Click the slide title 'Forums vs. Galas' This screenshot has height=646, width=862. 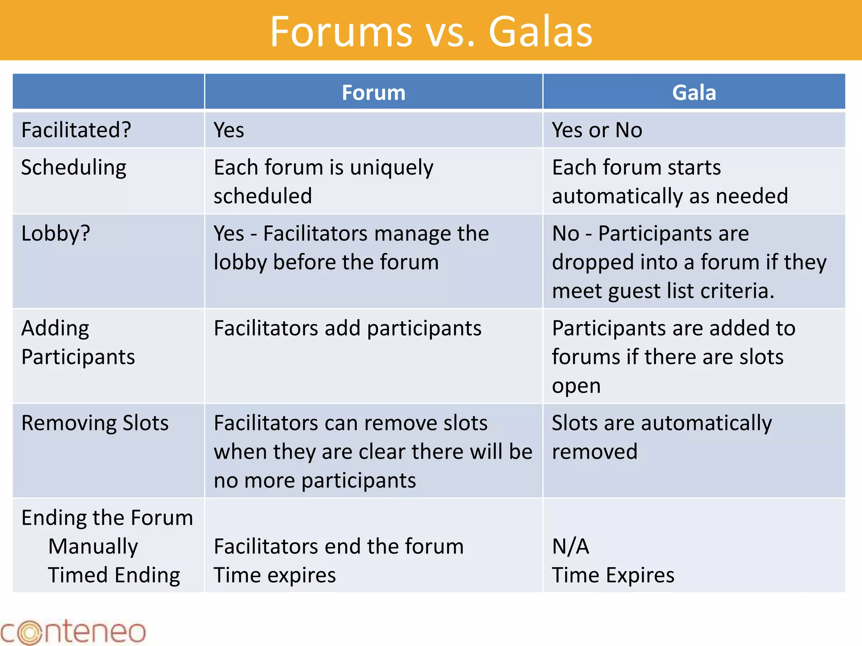pyautogui.click(x=431, y=32)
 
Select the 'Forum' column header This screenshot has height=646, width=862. pyautogui.click(x=373, y=93)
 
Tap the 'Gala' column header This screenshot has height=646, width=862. pyautogui.click(x=694, y=93)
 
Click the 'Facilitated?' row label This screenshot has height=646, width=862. pyautogui.click(x=76, y=130)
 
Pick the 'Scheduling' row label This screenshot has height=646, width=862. pyautogui.click(x=74, y=167)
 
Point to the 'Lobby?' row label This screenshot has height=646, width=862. pyautogui.click(x=56, y=233)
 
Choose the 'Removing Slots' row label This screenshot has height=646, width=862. pyautogui.click(x=95, y=423)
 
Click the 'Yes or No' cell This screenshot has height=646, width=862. pyautogui.click(x=597, y=130)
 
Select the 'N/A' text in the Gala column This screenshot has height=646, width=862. pyautogui.click(x=570, y=546)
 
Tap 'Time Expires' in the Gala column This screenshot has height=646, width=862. pyautogui.click(x=613, y=575)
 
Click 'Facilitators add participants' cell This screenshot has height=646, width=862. pyautogui.click(x=347, y=328)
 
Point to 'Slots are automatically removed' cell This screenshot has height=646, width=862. pyautogui.click(x=662, y=437)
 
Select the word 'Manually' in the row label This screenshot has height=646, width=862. pyautogui.click(x=93, y=546)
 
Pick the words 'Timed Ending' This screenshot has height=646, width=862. pyautogui.click(x=114, y=575)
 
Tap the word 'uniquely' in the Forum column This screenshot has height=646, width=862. pyautogui.click(x=391, y=168)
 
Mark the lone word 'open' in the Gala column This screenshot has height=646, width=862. pyautogui.click(x=576, y=386)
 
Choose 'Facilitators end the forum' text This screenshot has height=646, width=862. pyautogui.click(x=338, y=546)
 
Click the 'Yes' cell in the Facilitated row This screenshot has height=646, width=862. pyautogui.click(x=229, y=130)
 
